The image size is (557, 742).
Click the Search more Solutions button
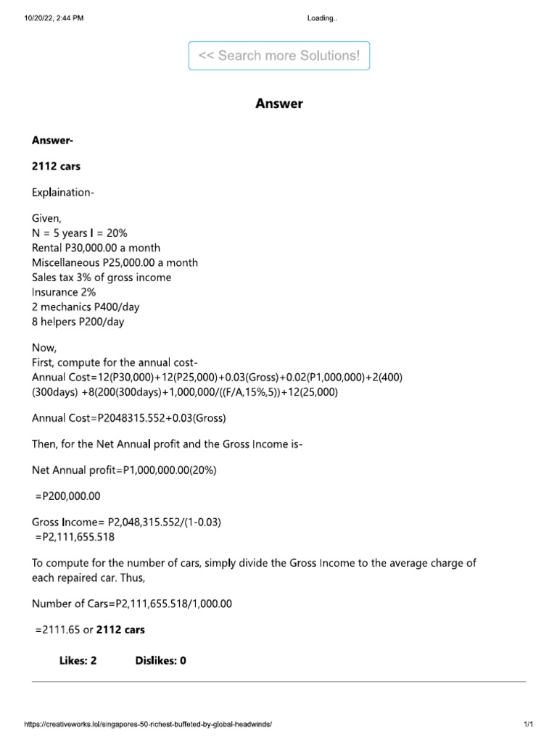[x=279, y=56]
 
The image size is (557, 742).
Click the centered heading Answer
[x=279, y=104]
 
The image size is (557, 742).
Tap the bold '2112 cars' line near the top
[x=56, y=166]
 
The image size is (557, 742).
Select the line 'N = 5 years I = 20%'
[x=80, y=233]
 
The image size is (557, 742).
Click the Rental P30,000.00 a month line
[x=96, y=248]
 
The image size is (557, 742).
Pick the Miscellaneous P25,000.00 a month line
[x=115, y=262]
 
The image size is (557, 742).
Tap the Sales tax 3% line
[x=102, y=278]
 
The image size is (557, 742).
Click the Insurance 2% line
[x=64, y=292]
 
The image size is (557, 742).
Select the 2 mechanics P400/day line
[x=86, y=307]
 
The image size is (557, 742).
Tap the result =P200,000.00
[x=68, y=496]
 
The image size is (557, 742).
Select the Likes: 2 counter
[x=78, y=661]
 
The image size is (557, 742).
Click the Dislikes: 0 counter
[x=161, y=661]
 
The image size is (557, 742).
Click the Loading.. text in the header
[x=322, y=18]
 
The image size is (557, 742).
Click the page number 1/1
[x=528, y=724]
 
